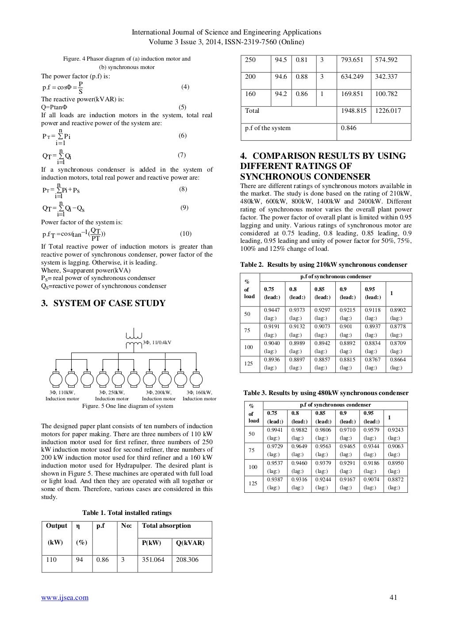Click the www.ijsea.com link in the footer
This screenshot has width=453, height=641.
point(65,598)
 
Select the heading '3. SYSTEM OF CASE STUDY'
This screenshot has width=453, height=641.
point(103,303)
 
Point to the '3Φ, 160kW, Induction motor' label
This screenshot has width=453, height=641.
point(199,395)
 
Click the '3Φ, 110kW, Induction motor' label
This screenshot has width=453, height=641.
point(62,395)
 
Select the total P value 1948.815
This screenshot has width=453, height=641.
point(354,111)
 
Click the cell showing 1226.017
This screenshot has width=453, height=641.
point(388,111)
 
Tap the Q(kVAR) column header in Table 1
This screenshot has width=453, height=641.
point(190,543)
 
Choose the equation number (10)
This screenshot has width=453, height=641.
point(185,234)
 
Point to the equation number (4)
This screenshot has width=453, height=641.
point(185,87)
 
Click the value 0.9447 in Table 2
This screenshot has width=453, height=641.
point(271,310)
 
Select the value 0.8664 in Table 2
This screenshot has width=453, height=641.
point(397,360)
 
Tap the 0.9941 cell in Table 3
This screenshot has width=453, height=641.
point(276,430)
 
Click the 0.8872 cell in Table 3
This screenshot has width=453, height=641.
point(395,480)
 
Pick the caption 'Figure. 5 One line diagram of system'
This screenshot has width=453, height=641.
point(128,406)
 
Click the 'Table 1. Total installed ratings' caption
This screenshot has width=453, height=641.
point(127,513)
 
